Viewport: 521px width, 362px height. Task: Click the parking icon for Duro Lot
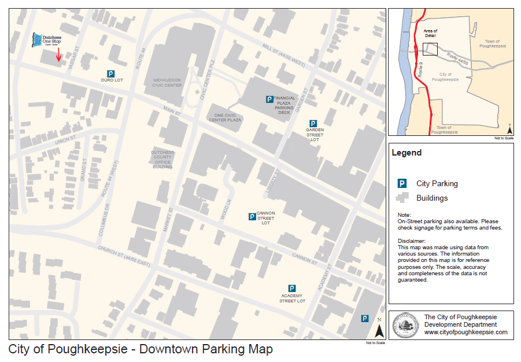point(110,73)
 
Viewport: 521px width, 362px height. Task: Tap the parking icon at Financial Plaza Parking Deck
point(269,99)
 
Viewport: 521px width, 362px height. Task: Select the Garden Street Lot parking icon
point(313,124)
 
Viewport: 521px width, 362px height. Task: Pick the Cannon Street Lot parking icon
point(252,217)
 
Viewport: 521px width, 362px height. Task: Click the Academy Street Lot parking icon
point(292,288)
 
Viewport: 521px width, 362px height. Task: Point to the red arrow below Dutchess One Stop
point(58,55)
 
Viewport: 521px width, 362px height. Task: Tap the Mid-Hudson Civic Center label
point(168,82)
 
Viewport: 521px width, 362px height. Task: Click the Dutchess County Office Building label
point(162,159)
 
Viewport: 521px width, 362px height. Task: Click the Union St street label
point(65,141)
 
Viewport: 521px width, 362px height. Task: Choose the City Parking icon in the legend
point(401,183)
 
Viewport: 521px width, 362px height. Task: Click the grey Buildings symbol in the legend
point(402,198)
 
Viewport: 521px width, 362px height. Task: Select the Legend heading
point(407,153)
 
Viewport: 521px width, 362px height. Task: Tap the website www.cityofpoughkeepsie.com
point(466,333)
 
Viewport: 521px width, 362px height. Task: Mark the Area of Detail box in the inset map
point(430,49)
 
